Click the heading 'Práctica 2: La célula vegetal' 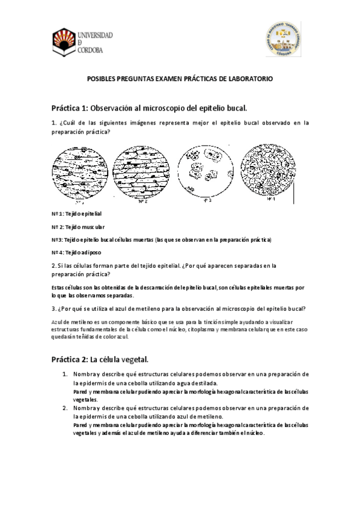click(x=100, y=360)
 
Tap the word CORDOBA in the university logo click(x=90, y=51)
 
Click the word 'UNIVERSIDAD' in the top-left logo click(x=95, y=35)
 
